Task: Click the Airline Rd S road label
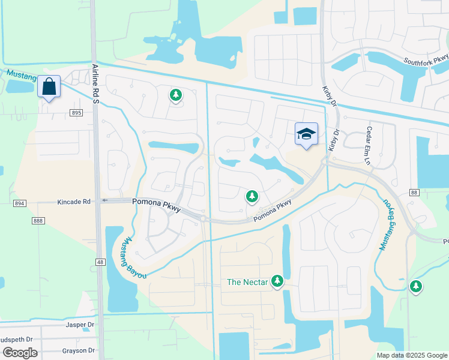click(95, 85)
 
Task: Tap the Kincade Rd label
click(74, 202)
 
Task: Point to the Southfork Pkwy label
click(426, 61)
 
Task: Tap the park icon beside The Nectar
click(277, 280)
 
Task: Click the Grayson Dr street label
click(79, 350)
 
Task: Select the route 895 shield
click(76, 113)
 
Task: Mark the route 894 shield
click(20, 204)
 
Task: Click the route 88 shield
click(414, 192)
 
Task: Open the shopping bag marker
click(49, 87)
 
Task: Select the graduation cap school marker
click(306, 134)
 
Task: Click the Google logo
click(20, 353)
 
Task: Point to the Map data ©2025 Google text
click(411, 355)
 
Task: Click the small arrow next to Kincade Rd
click(103, 201)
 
